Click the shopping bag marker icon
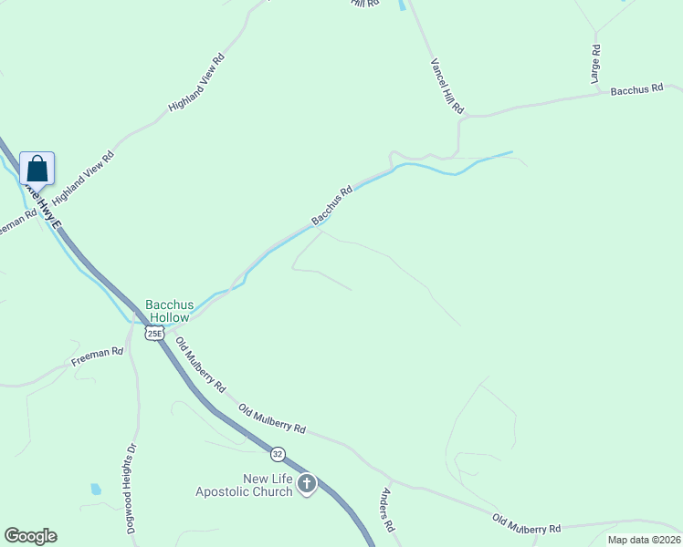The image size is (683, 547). (37, 170)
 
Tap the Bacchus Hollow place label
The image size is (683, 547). (168, 311)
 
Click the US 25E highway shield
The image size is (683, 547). (154, 333)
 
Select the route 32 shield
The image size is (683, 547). (277, 453)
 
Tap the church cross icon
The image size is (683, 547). (307, 483)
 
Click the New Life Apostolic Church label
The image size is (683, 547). (244, 485)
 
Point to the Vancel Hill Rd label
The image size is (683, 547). (447, 87)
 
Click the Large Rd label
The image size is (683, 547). (595, 66)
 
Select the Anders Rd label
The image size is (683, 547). (387, 511)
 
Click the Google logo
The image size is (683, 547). (30, 536)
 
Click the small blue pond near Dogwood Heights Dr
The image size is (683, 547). (96, 489)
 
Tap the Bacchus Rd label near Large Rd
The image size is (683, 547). (636, 90)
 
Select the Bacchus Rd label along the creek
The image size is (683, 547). (331, 207)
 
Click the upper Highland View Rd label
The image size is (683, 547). (196, 83)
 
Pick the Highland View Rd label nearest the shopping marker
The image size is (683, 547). (83, 177)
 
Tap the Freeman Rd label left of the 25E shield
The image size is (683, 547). (97, 357)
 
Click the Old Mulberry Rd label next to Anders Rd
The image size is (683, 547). (527, 524)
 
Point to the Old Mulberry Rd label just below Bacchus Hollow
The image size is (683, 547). (201, 365)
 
